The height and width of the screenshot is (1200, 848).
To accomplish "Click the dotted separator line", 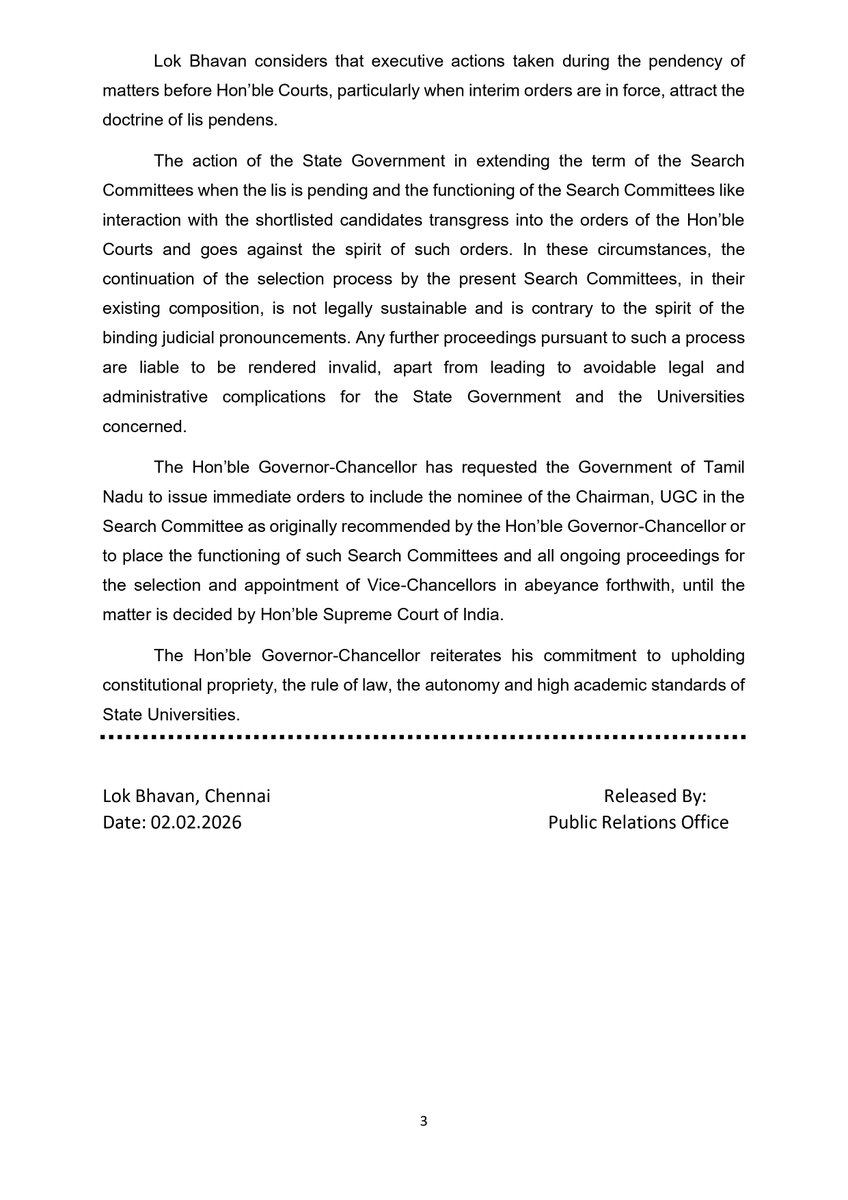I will [x=424, y=737].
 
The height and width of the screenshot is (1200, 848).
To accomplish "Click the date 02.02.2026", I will [x=197, y=823].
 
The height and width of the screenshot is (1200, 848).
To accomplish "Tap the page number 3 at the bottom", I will [x=423, y=1122].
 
